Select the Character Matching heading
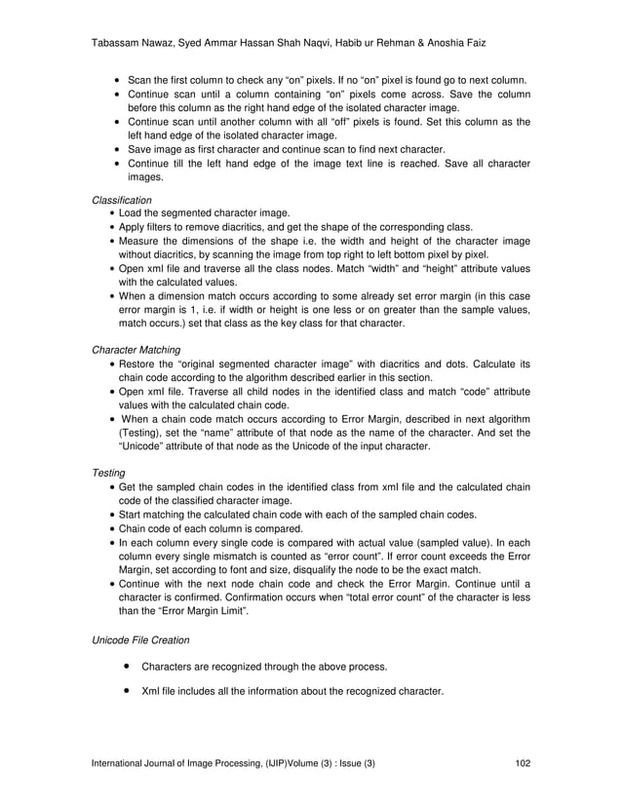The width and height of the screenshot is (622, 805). [137, 347]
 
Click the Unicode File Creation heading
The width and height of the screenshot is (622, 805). [141, 641]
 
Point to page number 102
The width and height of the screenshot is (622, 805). [522, 762]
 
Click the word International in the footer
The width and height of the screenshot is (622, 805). [122, 762]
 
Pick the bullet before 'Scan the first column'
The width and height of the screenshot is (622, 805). [117, 79]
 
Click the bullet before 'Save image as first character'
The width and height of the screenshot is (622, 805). [117, 149]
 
